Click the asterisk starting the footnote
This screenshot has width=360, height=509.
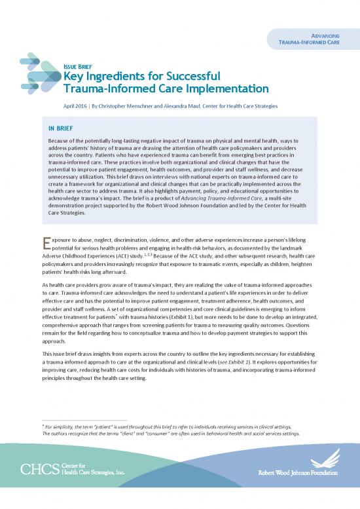[x=43, y=426]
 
